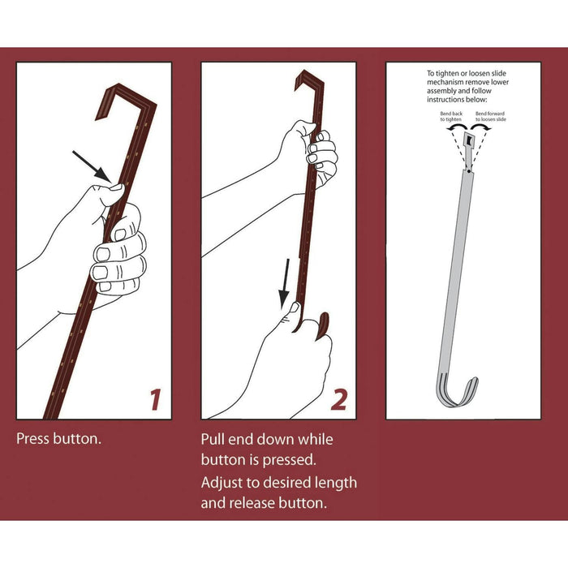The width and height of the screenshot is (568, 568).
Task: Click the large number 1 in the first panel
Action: click(156, 400)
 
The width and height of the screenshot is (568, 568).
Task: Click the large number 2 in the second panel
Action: click(339, 400)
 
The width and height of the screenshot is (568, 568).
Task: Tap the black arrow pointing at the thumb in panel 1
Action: click(92, 166)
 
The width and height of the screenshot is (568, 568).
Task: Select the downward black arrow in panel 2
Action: click(285, 284)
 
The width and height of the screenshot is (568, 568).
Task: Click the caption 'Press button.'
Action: click(58, 439)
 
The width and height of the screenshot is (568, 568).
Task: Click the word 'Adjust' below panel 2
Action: click(221, 484)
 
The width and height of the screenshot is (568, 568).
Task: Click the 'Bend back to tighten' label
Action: click(451, 116)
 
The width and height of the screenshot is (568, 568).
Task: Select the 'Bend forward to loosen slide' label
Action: click(490, 116)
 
